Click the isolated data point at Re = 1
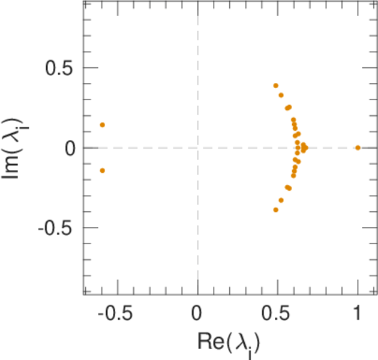(x=358, y=148)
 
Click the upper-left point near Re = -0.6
(x=103, y=125)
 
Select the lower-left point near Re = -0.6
(x=103, y=170)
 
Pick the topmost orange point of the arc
(x=276, y=86)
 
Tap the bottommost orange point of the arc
(x=276, y=209)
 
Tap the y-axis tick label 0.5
(x=59, y=68)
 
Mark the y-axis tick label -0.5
(x=56, y=228)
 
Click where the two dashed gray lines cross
(x=197, y=148)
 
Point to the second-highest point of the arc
(x=281, y=95)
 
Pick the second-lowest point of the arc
(x=281, y=200)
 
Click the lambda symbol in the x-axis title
(x=246, y=340)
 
